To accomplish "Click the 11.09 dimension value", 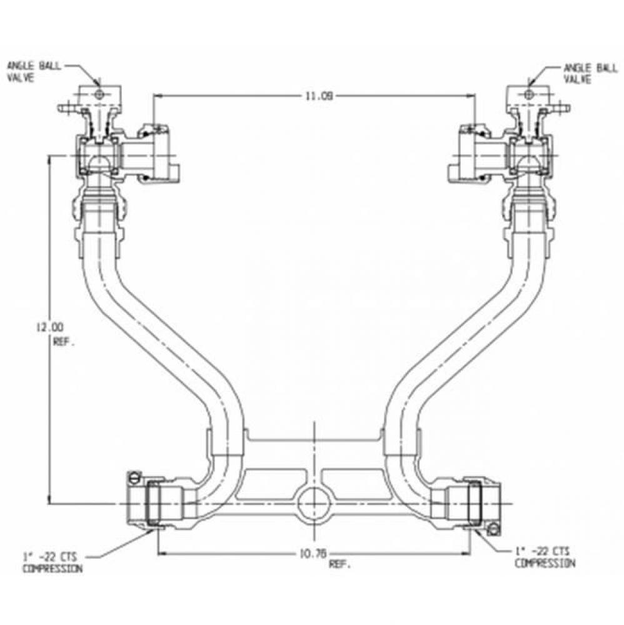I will tap(314, 96).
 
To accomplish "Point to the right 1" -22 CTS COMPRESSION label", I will tap(543, 556).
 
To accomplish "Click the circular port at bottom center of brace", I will tap(313, 503).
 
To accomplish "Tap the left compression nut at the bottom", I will tap(153, 503).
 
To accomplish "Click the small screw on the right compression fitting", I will tap(495, 530).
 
